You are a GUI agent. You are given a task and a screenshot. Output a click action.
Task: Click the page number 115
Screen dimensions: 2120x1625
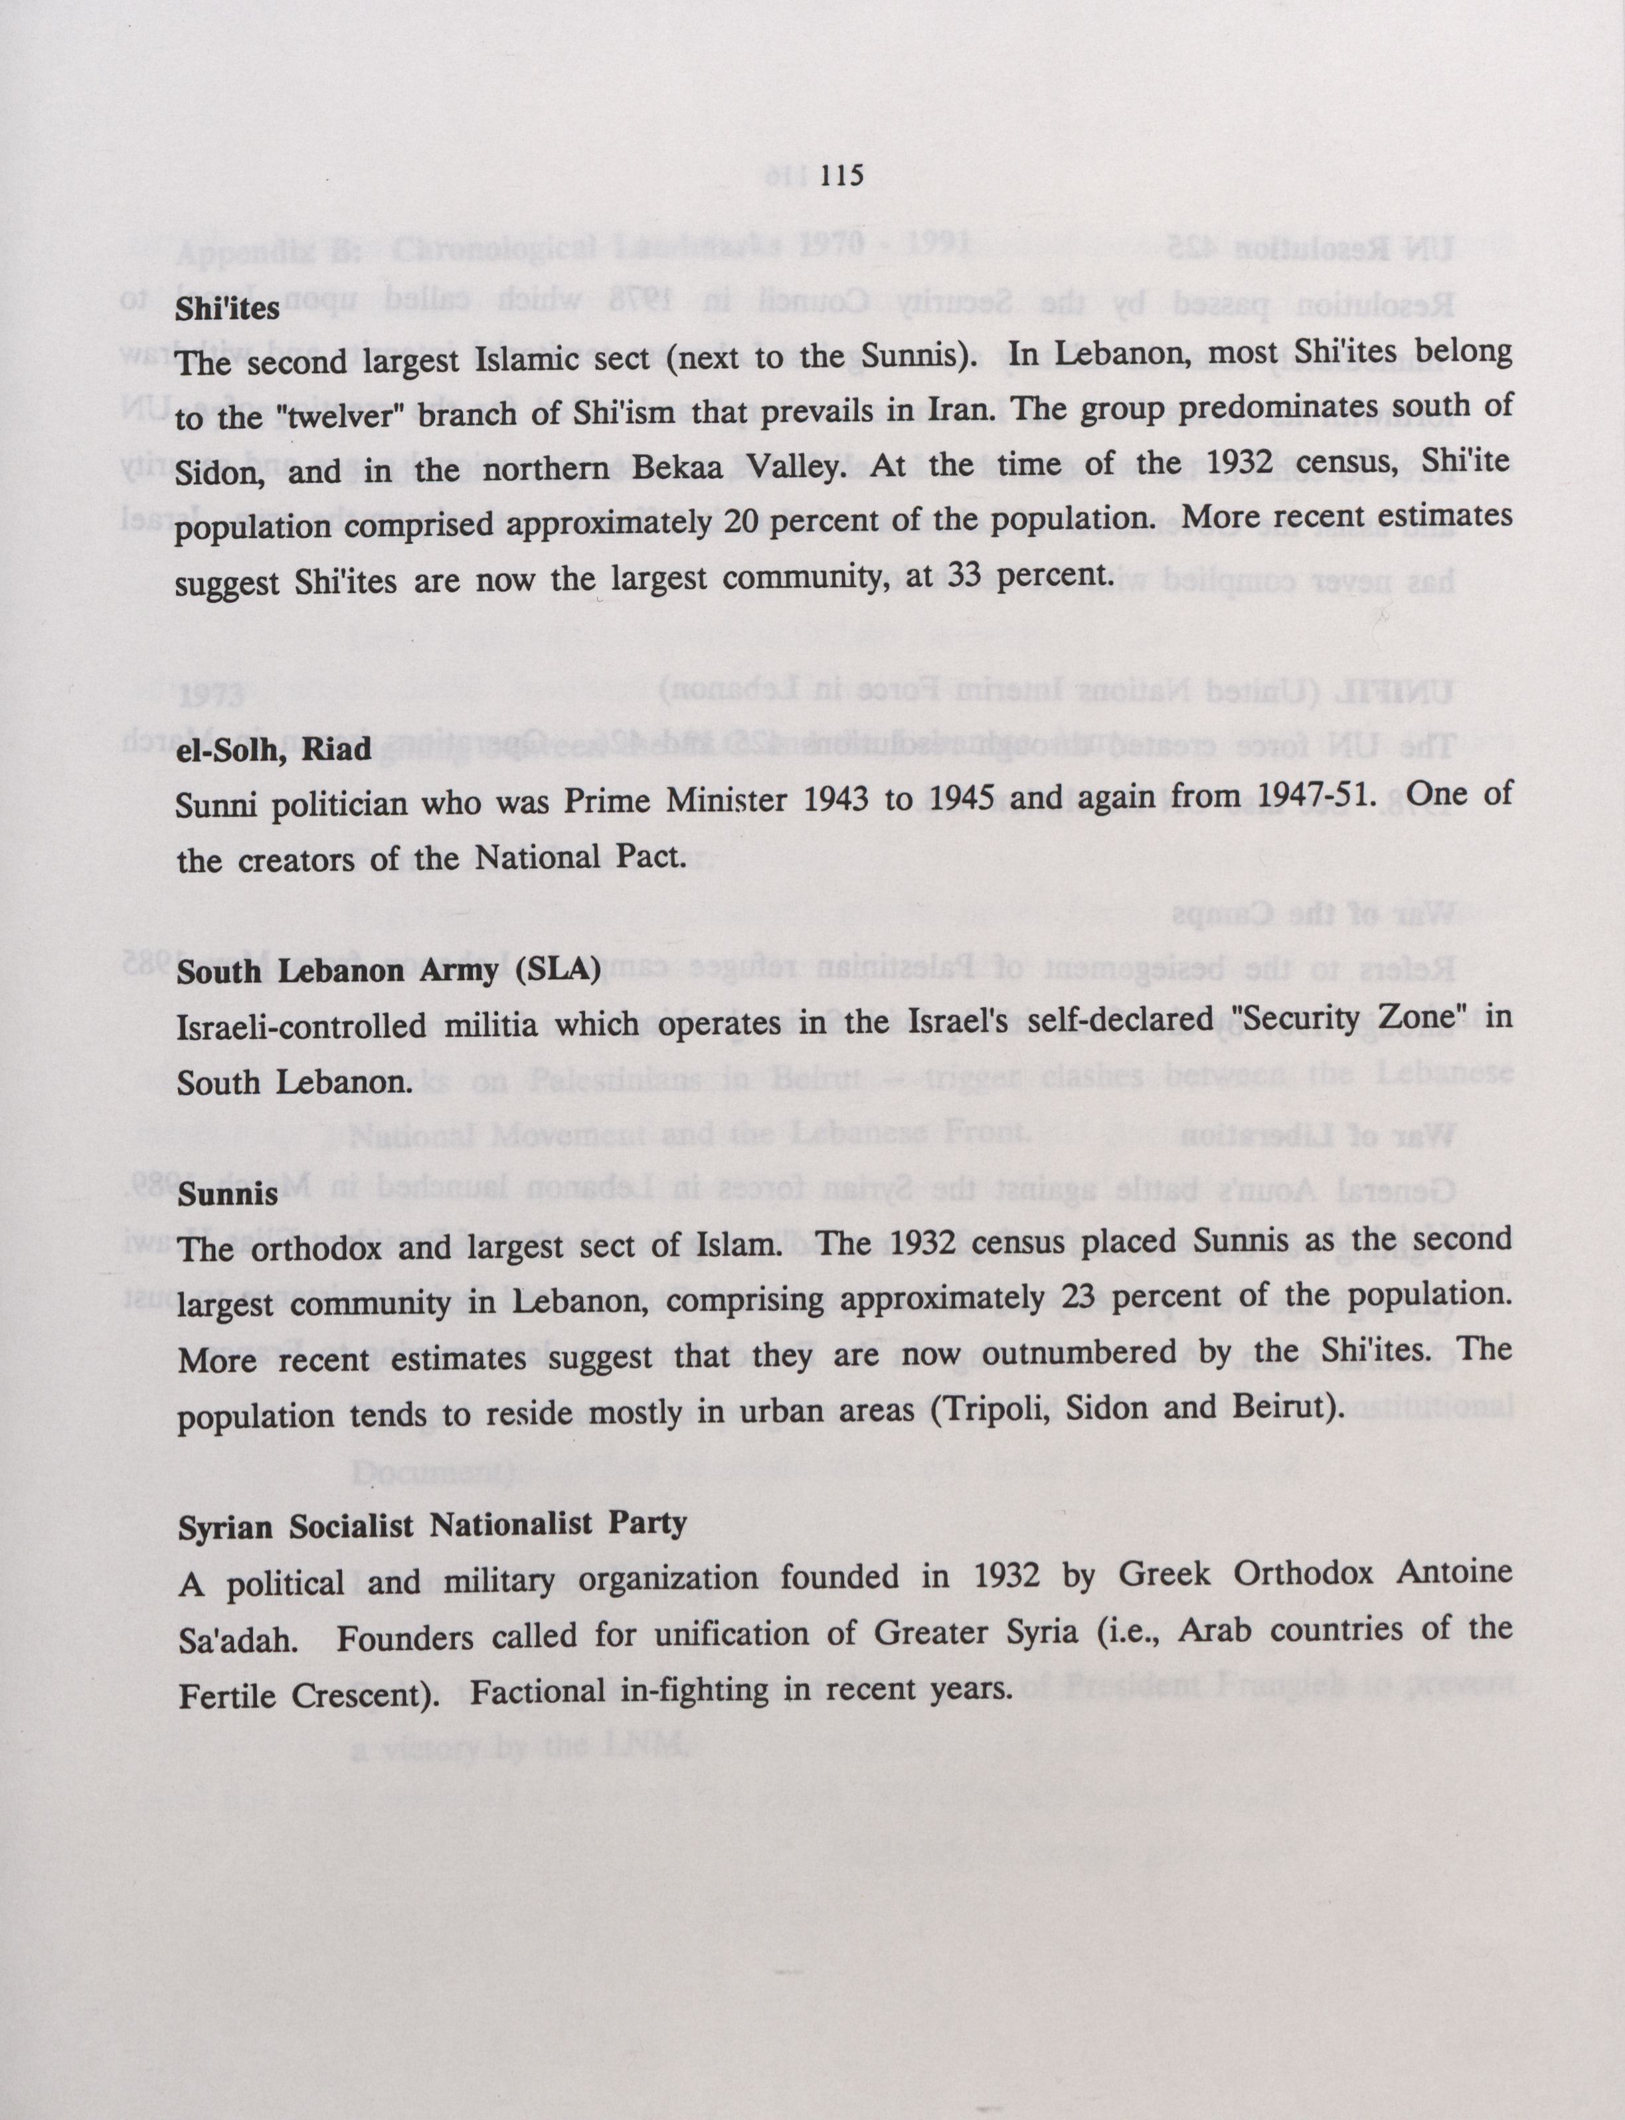pyautogui.click(x=841, y=175)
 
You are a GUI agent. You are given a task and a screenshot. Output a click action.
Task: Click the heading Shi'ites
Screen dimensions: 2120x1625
pyautogui.click(x=227, y=309)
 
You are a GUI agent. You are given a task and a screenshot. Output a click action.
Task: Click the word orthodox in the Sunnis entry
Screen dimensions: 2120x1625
pyautogui.click(x=320, y=1248)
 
